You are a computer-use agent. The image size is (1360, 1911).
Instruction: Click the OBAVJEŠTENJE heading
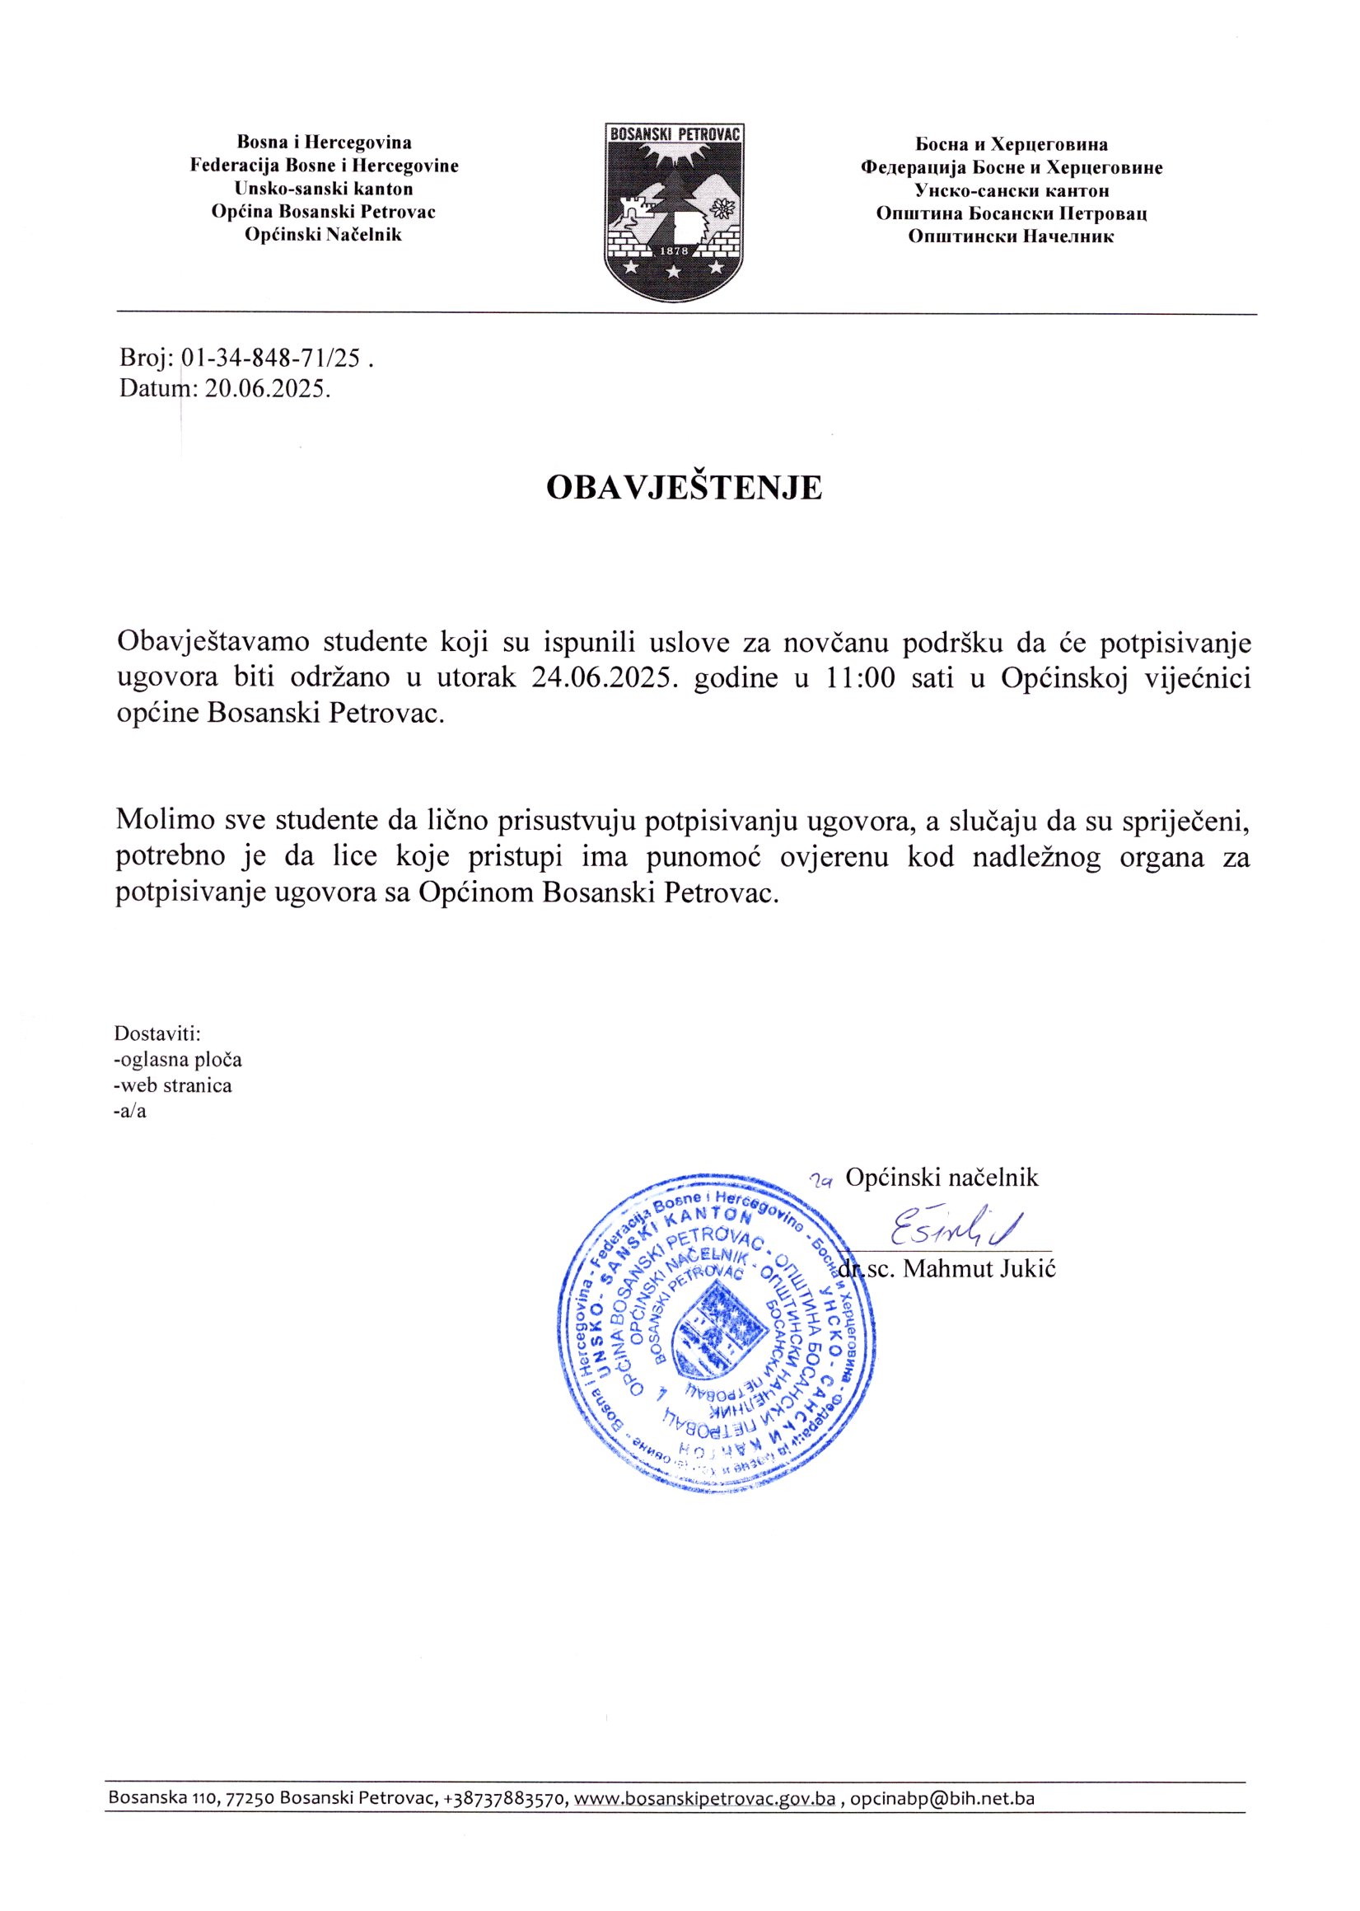(x=684, y=488)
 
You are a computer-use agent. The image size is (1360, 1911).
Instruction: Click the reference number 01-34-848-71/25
(x=270, y=358)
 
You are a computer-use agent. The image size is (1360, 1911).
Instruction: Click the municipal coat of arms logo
(x=674, y=211)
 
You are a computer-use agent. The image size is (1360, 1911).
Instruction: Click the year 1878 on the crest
(x=674, y=251)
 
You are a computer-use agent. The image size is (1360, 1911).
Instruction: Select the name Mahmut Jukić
(x=979, y=1268)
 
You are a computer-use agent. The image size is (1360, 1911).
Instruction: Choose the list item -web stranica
(x=172, y=1086)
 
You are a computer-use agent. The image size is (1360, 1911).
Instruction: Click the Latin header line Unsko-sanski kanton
(x=323, y=189)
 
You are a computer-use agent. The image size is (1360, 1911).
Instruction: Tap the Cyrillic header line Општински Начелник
(x=1011, y=237)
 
